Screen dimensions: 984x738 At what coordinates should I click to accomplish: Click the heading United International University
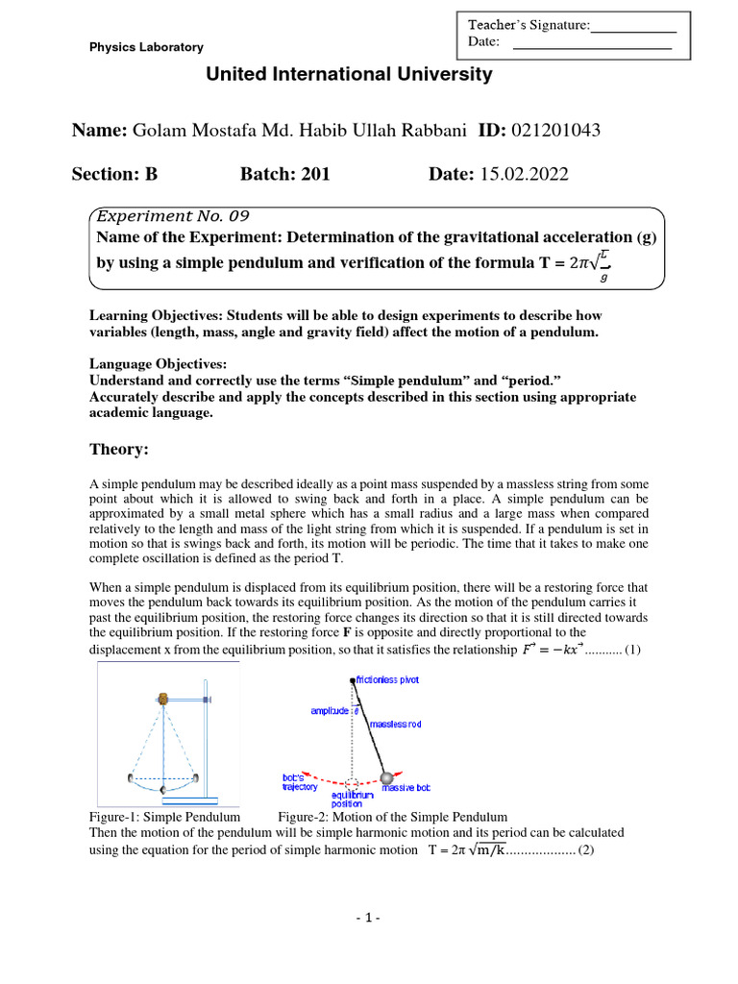(349, 75)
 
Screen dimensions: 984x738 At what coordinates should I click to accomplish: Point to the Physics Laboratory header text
(146, 47)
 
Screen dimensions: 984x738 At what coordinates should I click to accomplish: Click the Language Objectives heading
(159, 365)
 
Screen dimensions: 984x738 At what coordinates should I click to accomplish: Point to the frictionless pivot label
(387, 679)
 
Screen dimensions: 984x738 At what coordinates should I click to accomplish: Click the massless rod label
(395, 723)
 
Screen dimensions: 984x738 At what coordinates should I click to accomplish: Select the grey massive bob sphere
(386, 777)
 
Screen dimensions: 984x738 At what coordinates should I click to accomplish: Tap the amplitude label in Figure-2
(330, 711)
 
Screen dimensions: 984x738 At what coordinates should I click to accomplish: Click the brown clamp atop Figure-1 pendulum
(163, 699)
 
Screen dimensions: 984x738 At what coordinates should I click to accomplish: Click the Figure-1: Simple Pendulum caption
(163, 817)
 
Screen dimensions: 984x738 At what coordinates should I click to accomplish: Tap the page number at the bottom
(368, 918)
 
